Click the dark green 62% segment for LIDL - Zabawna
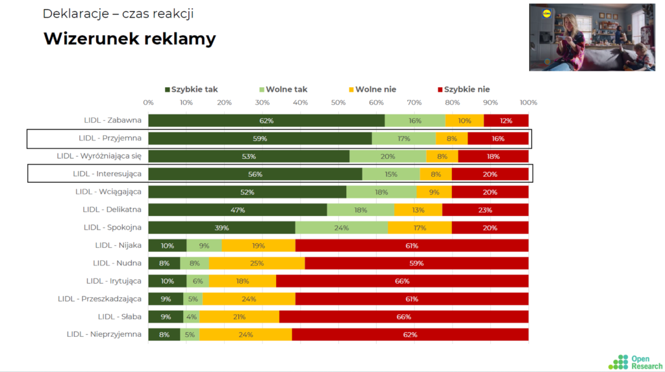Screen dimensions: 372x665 pos(266,120)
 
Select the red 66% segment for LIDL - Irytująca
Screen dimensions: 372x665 pos(402,281)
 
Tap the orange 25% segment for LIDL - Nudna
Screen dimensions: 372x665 pos(257,263)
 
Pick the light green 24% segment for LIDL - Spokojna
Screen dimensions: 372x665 pos(342,228)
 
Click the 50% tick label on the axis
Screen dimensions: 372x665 pos(338,103)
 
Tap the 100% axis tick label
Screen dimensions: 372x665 pos(529,103)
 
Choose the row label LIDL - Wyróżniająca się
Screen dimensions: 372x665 pos(99,156)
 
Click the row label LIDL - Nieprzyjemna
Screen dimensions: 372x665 pos(104,334)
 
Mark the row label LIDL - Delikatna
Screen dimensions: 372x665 pos(112,209)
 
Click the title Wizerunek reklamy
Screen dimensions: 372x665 pos(129,38)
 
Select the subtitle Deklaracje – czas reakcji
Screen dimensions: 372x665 pos(118,14)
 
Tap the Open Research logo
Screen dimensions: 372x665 pos(635,362)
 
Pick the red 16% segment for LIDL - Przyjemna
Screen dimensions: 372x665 pos(498,139)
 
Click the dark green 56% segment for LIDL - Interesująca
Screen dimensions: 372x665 pos(255,174)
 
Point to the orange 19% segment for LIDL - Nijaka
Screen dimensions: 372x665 pos(258,245)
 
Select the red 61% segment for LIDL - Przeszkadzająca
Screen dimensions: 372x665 pos(412,299)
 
